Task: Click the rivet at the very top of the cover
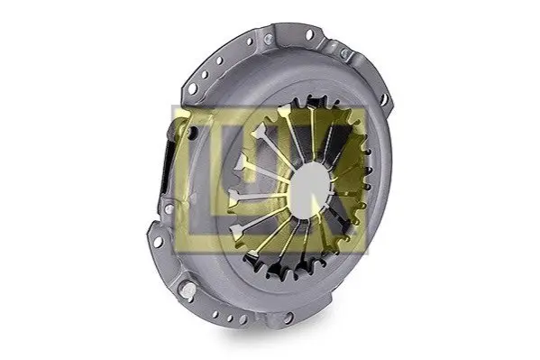point(268,38)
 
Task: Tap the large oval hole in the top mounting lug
point(309,33)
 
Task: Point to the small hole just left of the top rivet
point(250,42)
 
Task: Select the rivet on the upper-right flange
point(344,52)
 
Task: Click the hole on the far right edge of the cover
point(384,98)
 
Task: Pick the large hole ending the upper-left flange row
point(192,88)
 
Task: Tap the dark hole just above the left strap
point(194,132)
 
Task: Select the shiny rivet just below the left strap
point(169,208)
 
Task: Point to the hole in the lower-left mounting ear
point(158,242)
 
